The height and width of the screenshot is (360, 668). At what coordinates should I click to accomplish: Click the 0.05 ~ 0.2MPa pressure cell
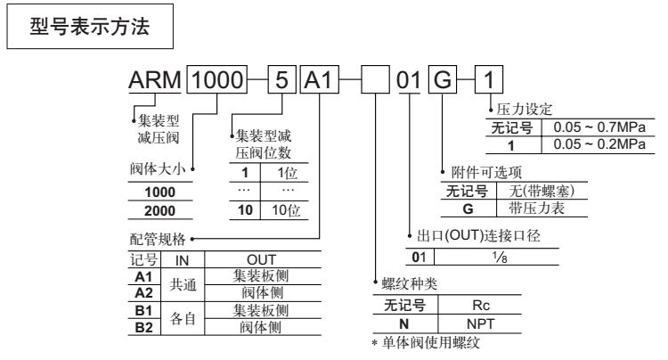coord(584,143)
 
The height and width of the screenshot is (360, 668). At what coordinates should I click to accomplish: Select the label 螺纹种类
coord(404,284)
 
